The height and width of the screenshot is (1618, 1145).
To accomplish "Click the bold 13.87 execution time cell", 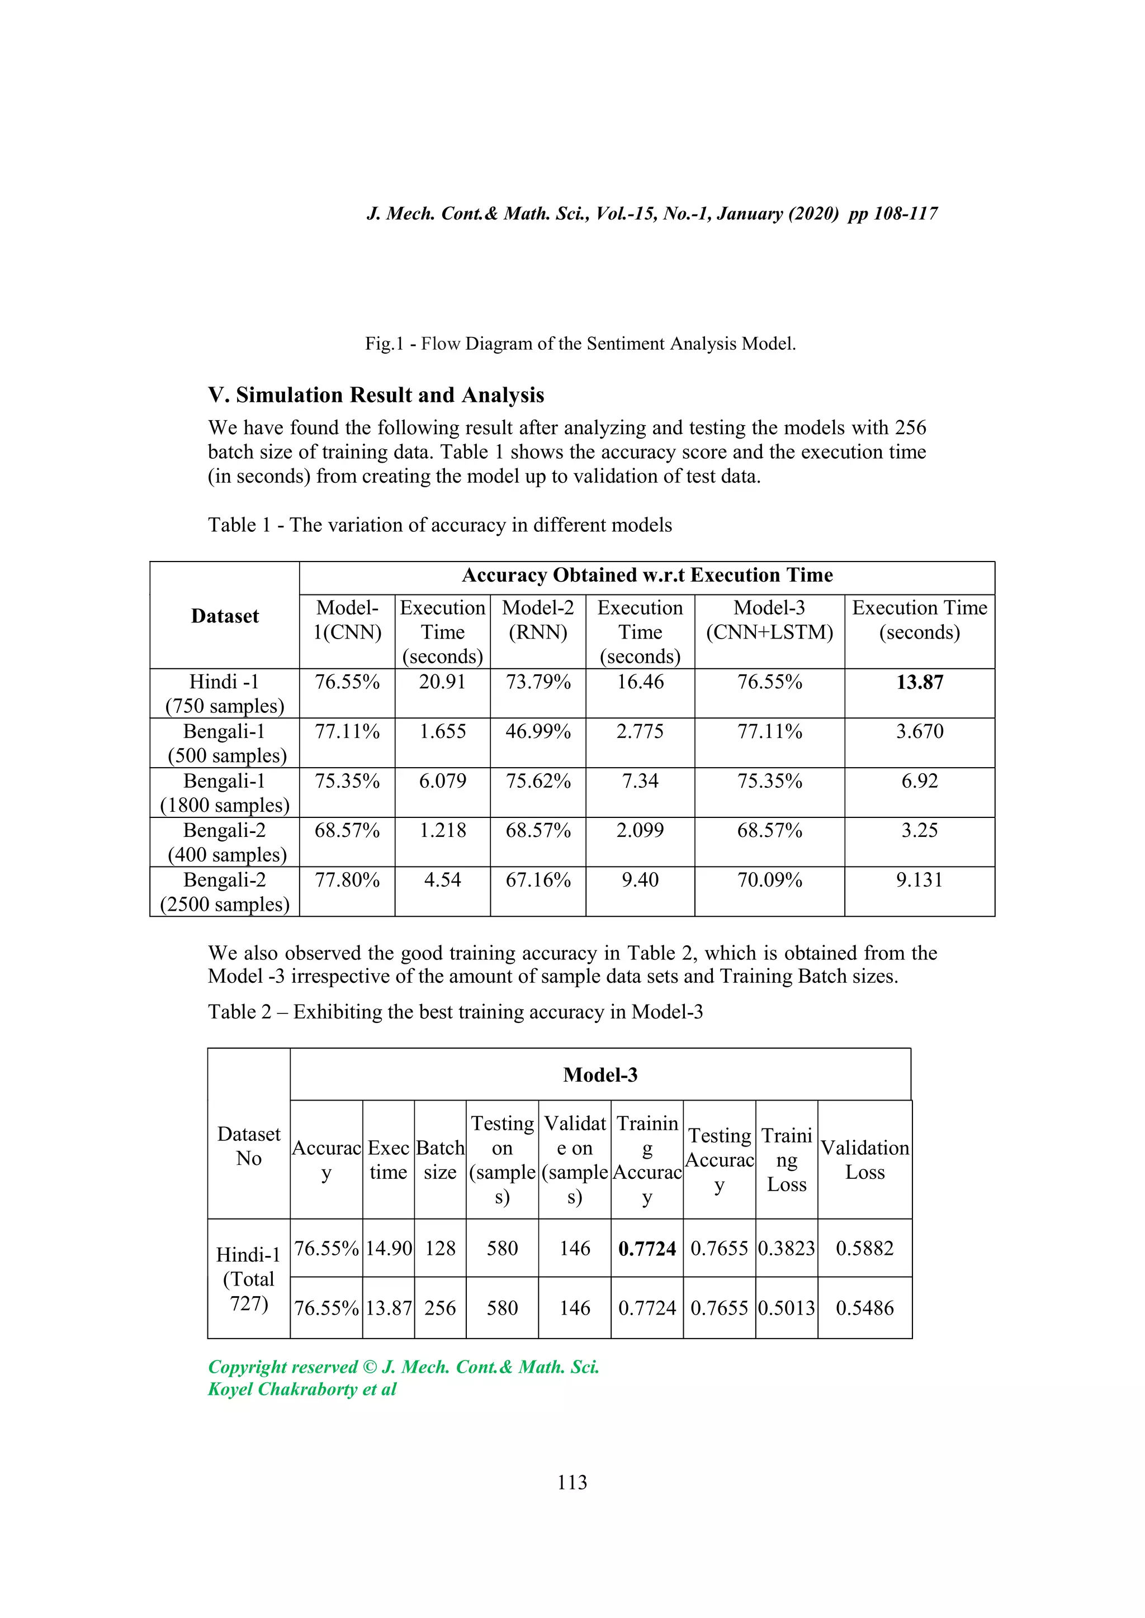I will tap(919, 682).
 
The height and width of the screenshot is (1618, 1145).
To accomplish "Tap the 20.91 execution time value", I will tap(442, 682).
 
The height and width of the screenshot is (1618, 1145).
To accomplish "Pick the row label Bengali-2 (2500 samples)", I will tap(224, 892).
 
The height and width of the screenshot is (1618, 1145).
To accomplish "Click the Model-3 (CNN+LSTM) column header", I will tap(769, 620).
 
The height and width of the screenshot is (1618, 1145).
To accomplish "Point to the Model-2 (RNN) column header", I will tap(538, 620).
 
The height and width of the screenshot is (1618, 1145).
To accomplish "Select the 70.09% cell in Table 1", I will tap(769, 880).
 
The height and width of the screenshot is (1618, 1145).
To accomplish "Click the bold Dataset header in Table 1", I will tap(225, 616).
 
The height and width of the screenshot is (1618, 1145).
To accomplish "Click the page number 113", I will tap(572, 1483).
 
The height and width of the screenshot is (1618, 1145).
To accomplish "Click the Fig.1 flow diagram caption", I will tap(580, 344).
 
